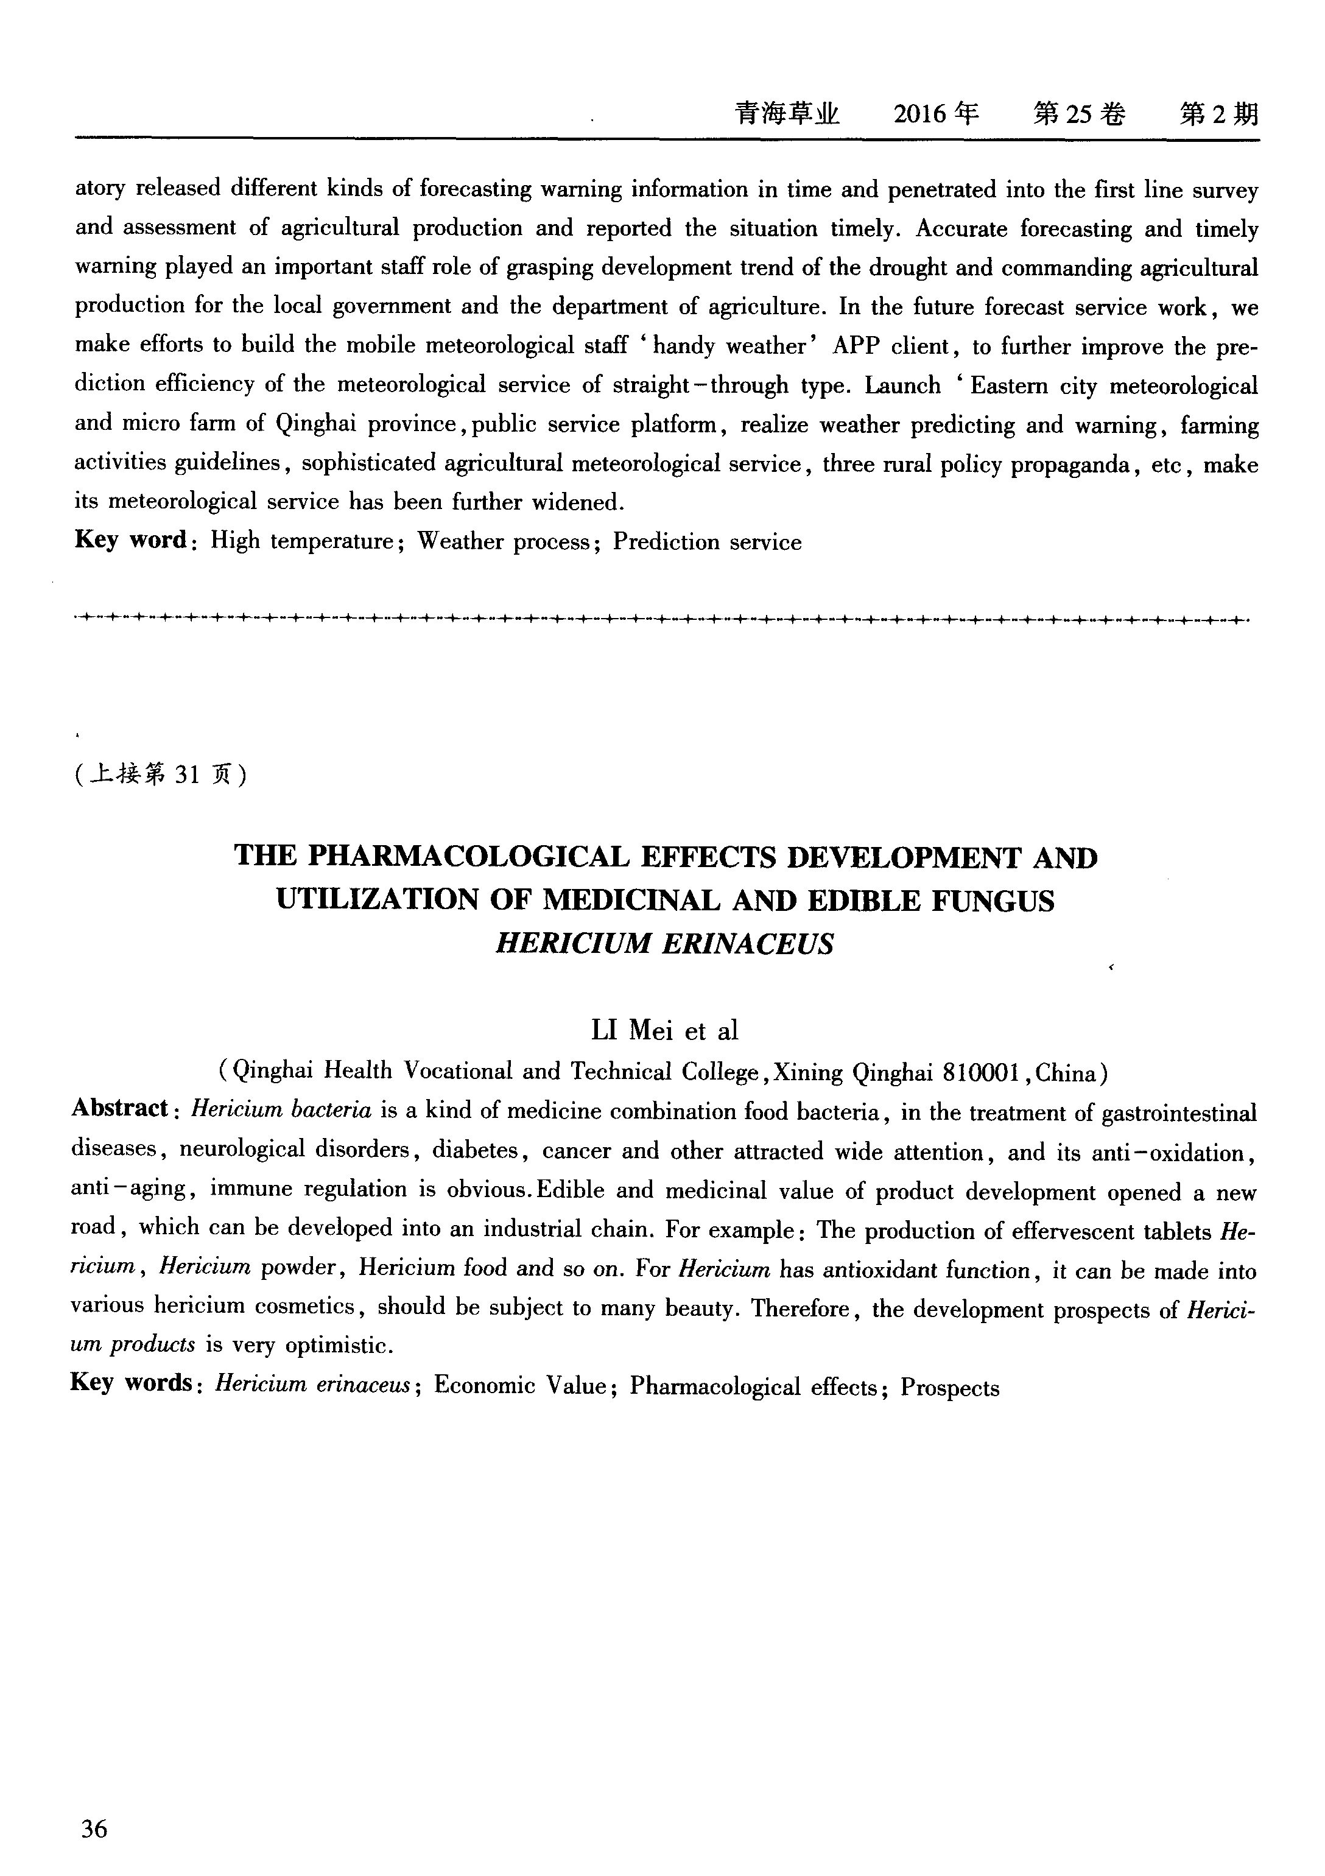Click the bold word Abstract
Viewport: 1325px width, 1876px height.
(x=119, y=1109)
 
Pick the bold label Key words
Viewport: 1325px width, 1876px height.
(x=131, y=1383)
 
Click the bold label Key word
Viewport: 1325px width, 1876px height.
(x=131, y=540)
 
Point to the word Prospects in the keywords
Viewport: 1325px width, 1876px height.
(x=950, y=1388)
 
